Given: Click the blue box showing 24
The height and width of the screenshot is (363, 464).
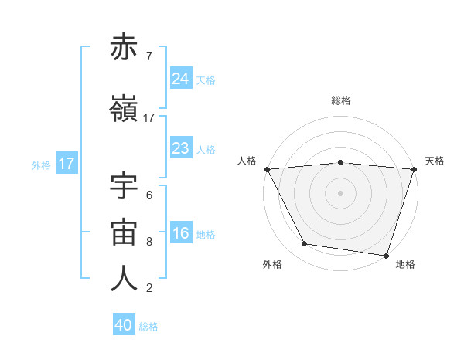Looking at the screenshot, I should click(x=180, y=78).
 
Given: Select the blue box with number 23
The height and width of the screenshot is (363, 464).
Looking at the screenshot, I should click(x=180, y=148).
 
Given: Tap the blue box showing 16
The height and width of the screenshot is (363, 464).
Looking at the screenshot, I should click(x=180, y=234).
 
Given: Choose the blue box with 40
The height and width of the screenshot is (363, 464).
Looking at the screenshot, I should click(x=124, y=326).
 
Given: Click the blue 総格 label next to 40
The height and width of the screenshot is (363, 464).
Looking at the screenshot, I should click(x=148, y=327).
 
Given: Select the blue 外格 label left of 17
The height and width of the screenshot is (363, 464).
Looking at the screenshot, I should click(x=41, y=165).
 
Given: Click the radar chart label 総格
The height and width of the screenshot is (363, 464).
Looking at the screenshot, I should click(x=341, y=100).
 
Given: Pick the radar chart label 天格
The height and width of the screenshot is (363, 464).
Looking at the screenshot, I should click(x=435, y=161).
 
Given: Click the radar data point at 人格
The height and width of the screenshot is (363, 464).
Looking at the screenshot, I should click(x=267, y=168).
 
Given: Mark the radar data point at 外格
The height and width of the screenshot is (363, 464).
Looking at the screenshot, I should click(x=304, y=244).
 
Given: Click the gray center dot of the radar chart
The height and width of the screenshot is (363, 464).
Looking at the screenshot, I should click(x=340, y=192).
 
